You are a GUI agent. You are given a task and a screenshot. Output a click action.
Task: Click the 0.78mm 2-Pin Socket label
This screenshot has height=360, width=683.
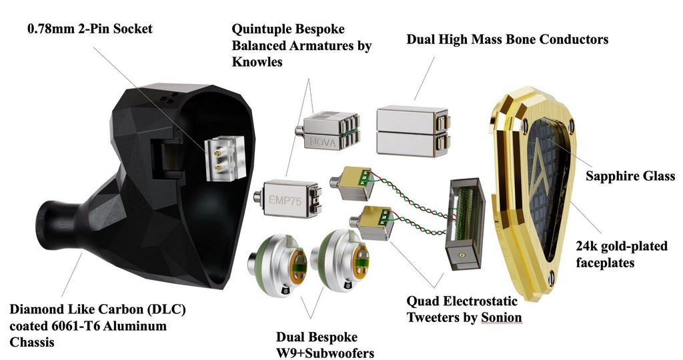(90, 29)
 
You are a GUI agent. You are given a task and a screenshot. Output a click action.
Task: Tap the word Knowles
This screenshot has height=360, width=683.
(257, 62)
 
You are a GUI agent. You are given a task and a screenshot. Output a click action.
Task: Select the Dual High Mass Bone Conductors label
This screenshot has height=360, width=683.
(508, 39)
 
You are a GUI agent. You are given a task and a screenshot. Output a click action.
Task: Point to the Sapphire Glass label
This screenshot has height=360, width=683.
(630, 176)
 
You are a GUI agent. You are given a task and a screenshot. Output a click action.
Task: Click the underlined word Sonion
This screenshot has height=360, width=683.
(502, 317)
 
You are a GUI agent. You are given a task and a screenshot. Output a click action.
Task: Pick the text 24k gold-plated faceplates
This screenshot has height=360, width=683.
(622, 254)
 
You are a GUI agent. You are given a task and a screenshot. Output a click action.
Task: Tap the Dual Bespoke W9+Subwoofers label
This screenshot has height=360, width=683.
(325, 345)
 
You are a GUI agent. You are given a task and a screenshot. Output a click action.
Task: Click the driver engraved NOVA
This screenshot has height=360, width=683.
(327, 131)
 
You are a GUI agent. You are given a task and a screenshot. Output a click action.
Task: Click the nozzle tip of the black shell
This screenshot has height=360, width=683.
(45, 225)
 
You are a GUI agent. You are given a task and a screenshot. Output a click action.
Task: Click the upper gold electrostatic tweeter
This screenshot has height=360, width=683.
(352, 183)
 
